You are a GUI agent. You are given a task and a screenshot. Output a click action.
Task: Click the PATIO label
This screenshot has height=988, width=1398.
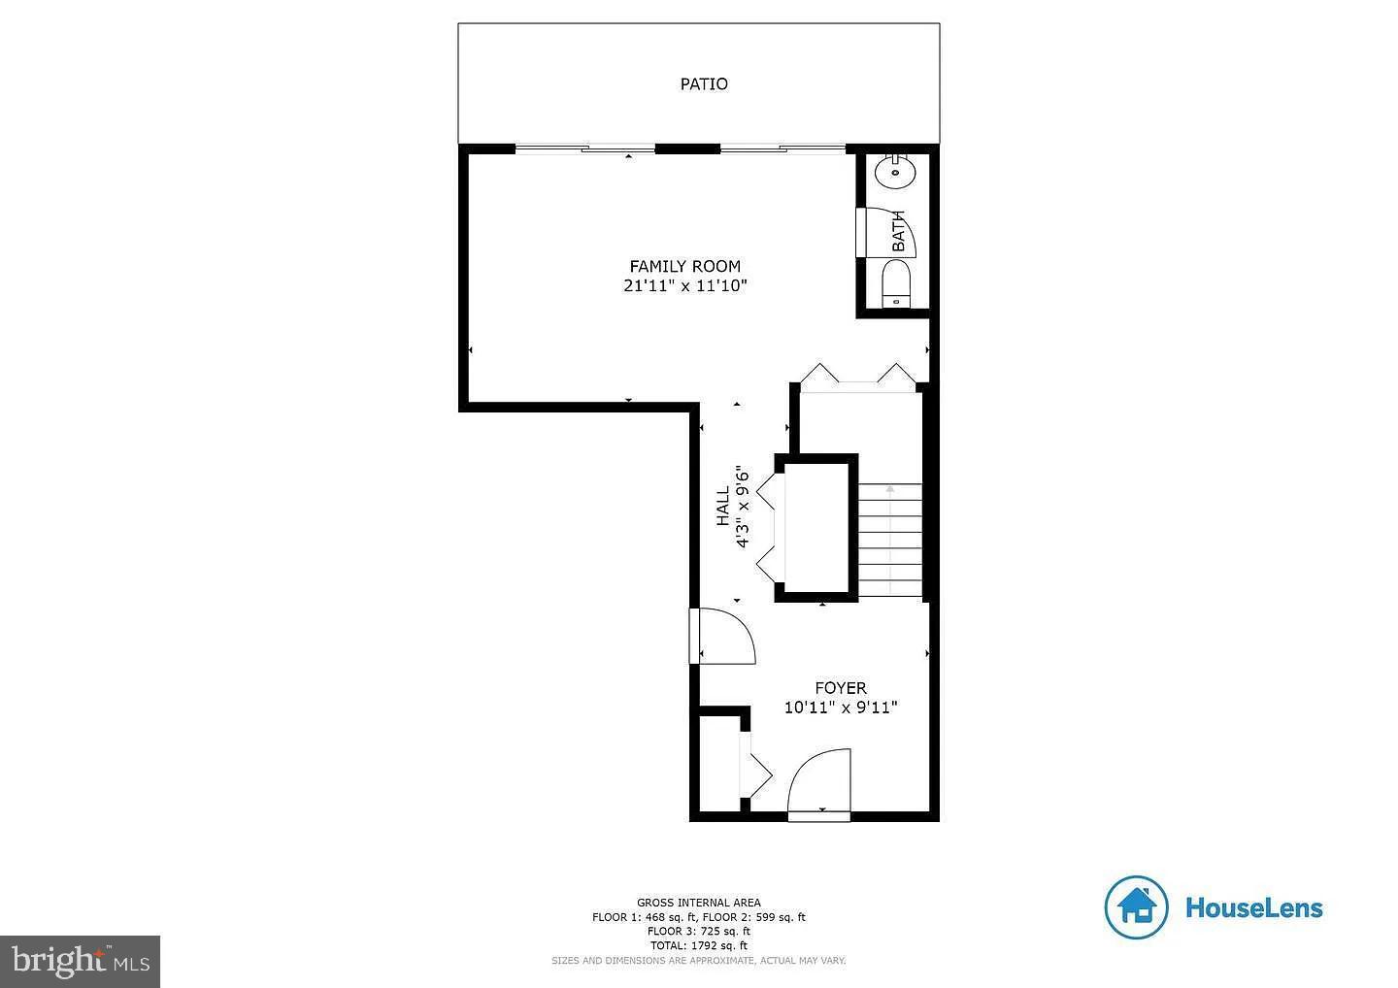tap(703, 84)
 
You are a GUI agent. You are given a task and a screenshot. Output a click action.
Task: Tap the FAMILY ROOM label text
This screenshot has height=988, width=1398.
tap(684, 266)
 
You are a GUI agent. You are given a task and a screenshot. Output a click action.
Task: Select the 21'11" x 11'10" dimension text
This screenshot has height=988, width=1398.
tap(684, 286)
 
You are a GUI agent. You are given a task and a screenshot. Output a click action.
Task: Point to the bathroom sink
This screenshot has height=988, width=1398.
tap(894, 174)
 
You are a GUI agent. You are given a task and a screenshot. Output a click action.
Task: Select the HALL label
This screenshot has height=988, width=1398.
tap(723, 507)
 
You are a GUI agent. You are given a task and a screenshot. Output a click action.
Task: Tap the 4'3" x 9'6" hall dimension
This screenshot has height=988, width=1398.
tap(743, 507)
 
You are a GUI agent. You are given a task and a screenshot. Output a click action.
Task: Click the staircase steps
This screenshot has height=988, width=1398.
tap(889, 541)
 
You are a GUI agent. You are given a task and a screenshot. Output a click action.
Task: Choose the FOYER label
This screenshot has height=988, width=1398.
tap(840, 688)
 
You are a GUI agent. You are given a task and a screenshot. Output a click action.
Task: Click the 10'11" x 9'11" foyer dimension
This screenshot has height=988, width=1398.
tap(840, 708)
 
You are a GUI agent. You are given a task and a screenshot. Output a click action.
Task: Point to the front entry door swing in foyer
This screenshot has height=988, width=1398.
tap(820, 781)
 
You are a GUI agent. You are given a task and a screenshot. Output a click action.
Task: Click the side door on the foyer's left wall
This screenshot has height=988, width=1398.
tap(723, 637)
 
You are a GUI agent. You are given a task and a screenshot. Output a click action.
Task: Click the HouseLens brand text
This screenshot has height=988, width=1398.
tap(1253, 908)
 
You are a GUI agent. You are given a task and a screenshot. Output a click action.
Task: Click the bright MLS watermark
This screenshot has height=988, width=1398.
tap(80, 961)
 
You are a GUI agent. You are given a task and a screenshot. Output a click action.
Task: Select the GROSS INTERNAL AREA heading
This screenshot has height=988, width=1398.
tap(698, 903)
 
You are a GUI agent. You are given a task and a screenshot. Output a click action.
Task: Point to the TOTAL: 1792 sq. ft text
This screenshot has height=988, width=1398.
tap(698, 945)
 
